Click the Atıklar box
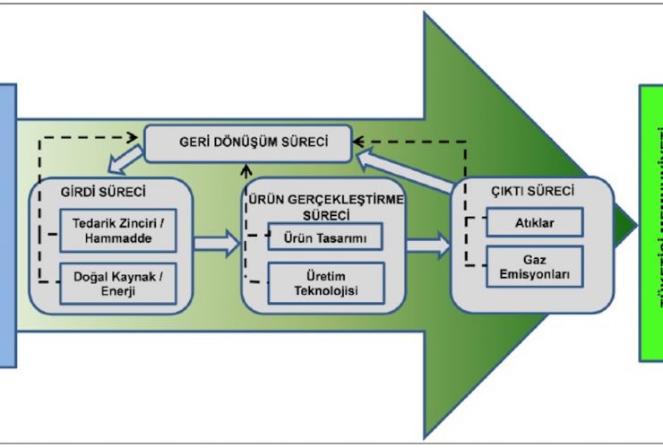click(x=535, y=222)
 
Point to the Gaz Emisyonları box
click(x=535, y=266)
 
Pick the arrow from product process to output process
click(x=429, y=244)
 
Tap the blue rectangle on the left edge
click(x=7, y=224)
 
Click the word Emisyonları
click(x=535, y=274)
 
